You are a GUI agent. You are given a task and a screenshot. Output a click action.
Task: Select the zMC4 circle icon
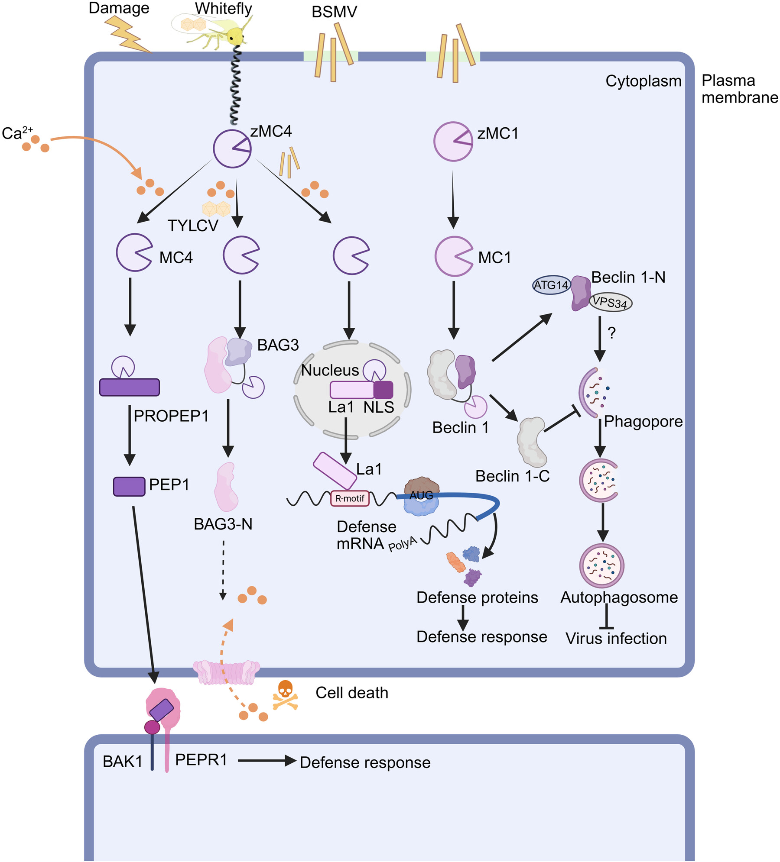coord(232,149)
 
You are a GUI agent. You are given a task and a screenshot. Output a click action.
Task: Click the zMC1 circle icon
coord(453,142)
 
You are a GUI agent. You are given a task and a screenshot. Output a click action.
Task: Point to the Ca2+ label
coord(17,133)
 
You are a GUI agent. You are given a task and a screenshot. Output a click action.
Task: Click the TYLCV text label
coord(193,226)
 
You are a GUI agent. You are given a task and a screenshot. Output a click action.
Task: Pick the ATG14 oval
coord(551,285)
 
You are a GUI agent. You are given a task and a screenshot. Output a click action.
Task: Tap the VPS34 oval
coord(610,302)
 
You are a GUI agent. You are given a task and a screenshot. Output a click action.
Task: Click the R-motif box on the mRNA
coord(350,498)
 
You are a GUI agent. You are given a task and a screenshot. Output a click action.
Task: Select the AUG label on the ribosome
coord(421,495)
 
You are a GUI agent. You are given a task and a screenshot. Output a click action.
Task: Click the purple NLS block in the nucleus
coord(383,390)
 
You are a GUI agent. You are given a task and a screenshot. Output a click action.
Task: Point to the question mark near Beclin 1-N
coord(611,333)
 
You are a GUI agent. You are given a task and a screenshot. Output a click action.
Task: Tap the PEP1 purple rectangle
coord(129,486)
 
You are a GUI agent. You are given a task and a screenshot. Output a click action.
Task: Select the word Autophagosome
coord(619,597)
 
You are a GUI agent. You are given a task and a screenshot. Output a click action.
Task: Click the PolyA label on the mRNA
coord(402,544)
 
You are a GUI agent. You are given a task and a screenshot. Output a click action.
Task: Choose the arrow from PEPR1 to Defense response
coord(266,760)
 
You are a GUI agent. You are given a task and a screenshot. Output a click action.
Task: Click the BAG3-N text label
coord(223,524)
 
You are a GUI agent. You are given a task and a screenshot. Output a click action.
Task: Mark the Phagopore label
coord(643,421)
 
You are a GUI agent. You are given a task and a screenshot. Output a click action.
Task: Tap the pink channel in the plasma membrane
coord(226,672)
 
